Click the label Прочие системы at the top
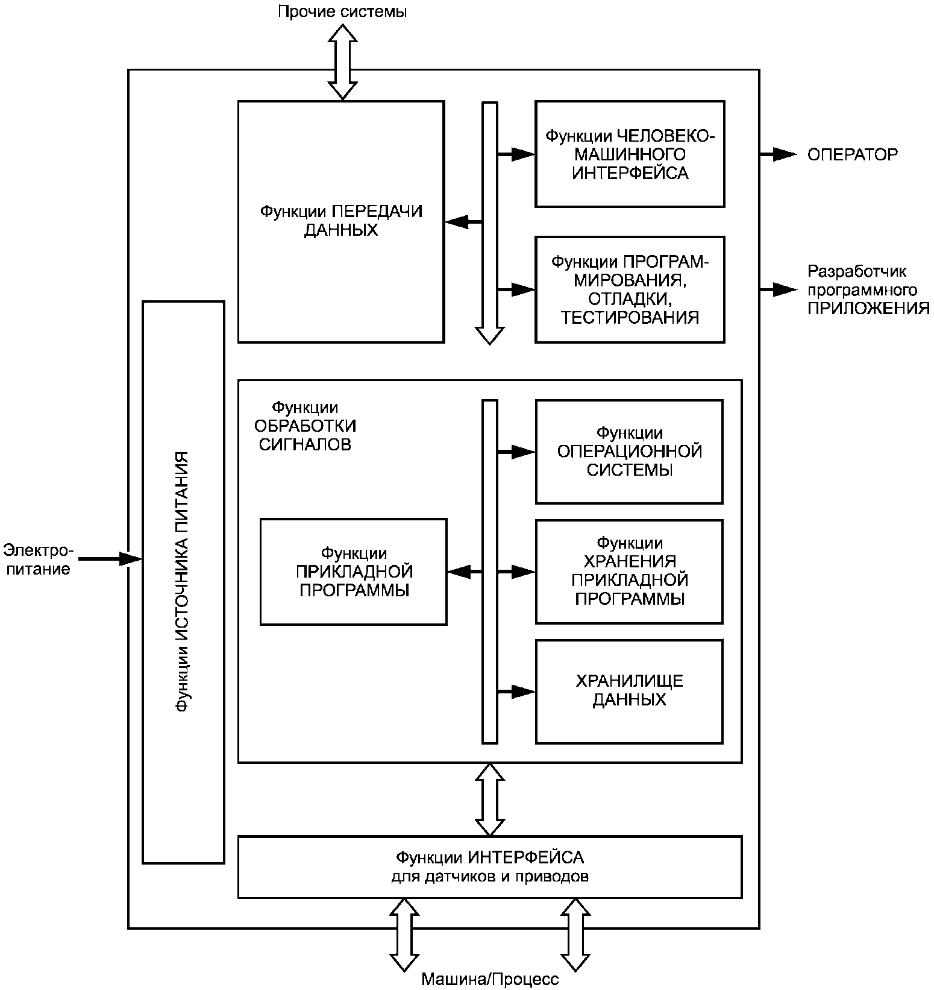[342, 12]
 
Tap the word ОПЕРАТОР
[852, 155]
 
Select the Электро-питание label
[37, 560]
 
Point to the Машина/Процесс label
[490, 979]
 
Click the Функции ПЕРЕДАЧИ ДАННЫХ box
[341, 221]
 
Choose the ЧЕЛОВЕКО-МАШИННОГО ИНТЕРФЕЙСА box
[630, 154]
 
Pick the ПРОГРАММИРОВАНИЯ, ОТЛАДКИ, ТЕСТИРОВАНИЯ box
[630, 289]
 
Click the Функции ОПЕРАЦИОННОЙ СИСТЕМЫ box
[629, 452]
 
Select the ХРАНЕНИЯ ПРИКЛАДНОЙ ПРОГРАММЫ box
[629, 571]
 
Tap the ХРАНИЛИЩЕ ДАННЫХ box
[629, 691]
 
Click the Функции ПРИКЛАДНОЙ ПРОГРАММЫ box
[354, 571]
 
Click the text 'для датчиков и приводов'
[490, 876]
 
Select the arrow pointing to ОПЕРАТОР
[778, 155]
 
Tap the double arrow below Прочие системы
[342, 62]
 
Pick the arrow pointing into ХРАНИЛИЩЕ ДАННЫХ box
[516, 692]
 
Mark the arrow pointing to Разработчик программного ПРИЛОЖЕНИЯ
[778, 290]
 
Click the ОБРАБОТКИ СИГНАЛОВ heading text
[305, 426]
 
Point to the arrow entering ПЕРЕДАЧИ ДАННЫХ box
[463, 222]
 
